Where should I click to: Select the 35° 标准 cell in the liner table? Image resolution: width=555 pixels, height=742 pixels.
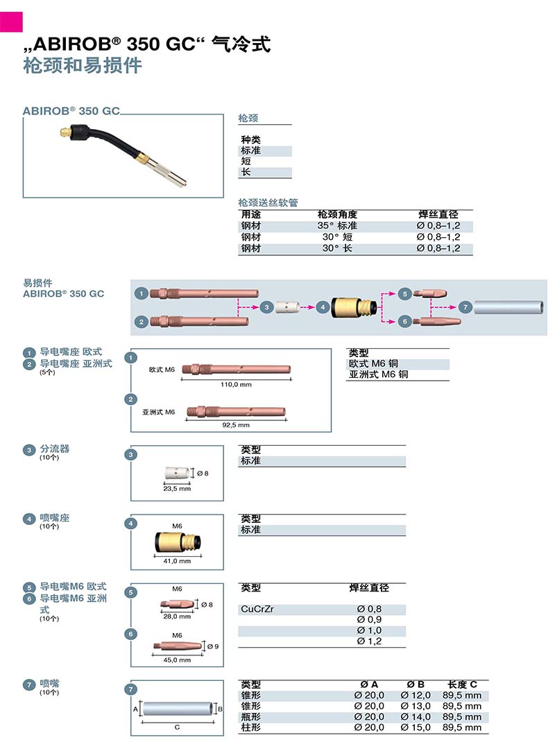(337, 226)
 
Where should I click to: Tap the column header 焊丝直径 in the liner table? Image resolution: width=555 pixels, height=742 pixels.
(438, 215)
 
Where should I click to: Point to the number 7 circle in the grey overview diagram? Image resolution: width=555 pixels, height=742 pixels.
(466, 307)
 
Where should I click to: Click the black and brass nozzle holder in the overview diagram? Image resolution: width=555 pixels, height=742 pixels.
(355, 307)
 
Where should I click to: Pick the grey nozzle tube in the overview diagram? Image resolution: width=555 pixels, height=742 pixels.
(510, 307)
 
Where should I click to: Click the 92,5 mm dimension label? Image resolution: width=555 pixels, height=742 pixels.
(235, 425)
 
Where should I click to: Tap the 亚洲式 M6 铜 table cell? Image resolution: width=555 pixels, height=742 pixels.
(378, 374)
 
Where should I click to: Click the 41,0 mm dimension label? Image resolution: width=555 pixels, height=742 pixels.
(177, 560)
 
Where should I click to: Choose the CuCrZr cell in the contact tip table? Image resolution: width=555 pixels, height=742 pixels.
(257, 609)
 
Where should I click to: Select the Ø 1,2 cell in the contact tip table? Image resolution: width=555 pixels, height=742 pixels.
(369, 641)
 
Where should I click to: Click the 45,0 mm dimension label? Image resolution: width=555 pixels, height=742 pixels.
(177, 659)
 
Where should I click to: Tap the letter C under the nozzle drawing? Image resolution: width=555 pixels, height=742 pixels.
(177, 727)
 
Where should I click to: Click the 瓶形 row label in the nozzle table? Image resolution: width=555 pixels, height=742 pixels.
(251, 716)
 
